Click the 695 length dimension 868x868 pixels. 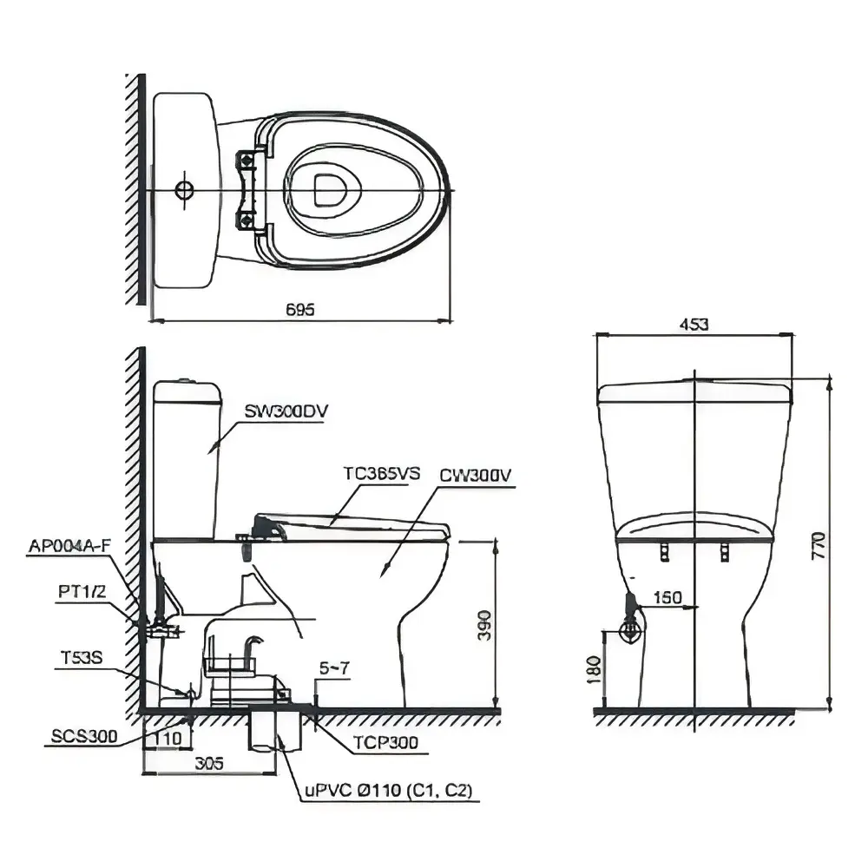point(300,309)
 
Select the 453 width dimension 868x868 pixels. point(694,324)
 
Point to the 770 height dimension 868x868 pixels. point(819,545)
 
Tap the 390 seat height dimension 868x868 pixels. point(484,626)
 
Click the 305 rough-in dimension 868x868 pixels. point(209,763)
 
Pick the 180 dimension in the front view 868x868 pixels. point(594,669)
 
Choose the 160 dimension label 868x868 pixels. point(667,598)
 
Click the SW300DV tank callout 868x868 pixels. point(286,411)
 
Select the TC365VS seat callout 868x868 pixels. point(381,474)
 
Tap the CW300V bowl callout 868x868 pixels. point(476,476)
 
